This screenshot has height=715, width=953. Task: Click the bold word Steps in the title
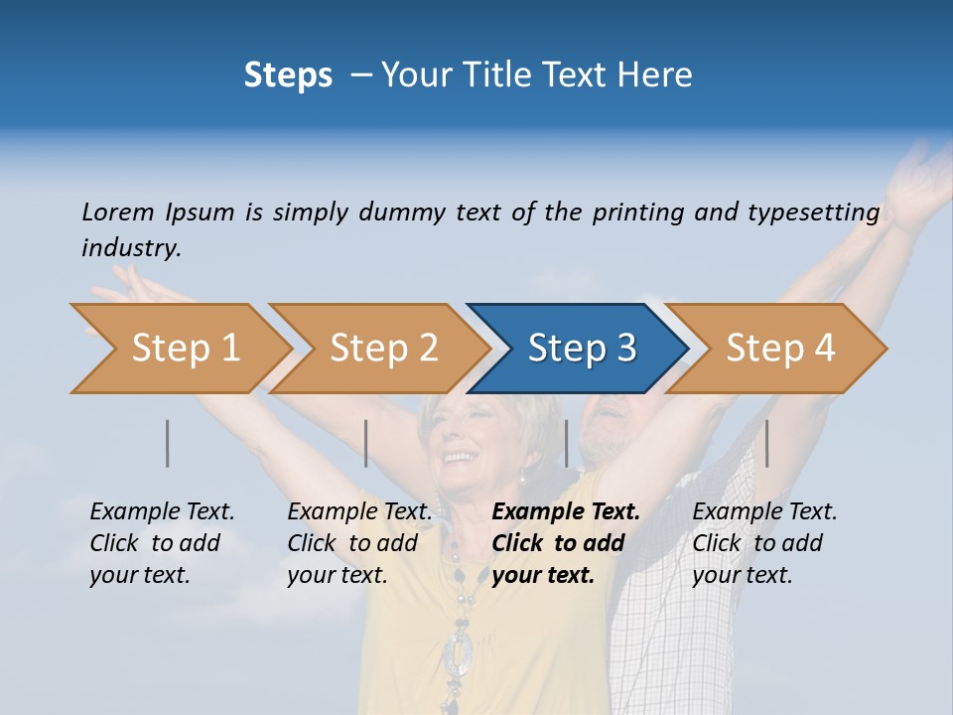pos(288,75)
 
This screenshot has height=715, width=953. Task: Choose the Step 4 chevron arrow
pos(780,349)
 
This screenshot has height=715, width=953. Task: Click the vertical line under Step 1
pos(168,443)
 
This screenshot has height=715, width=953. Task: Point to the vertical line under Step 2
pos(366,443)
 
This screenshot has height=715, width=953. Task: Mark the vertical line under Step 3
pos(566,443)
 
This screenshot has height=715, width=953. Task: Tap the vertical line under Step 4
pos(766,443)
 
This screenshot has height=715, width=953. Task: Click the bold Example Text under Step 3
pos(566,542)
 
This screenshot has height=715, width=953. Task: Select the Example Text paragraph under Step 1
pos(162,542)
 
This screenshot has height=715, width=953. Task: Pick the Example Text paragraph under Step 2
pos(359,542)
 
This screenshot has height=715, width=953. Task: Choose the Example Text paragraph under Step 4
pos(764,542)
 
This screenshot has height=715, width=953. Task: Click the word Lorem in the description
pos(118,212)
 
